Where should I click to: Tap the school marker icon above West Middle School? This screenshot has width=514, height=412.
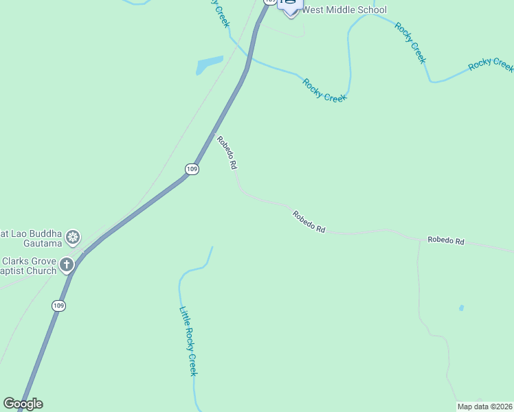click(x=290, y=4)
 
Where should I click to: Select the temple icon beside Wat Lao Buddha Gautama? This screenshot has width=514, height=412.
click(x=73, y=238)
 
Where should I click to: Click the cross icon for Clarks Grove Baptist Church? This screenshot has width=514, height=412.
click(x=67, y=264)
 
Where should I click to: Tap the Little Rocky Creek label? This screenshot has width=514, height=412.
click(x=188, y=341)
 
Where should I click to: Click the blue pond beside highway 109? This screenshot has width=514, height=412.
click(x=210, y=65)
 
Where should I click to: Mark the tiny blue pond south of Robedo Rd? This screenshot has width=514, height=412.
click(x=461, y=308)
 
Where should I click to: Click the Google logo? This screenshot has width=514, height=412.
click(x=23, y=404)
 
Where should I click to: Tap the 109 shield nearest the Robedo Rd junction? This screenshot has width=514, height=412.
click(x=192, y=169)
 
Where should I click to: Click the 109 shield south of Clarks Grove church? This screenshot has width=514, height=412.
click(x=58, y=306)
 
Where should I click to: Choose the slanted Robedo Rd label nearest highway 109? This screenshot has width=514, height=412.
click(x=227, y=152)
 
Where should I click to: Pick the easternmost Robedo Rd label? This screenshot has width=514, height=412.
click(x=446, y=241)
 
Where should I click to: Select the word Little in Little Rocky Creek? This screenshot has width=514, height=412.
click(x=184, y=315)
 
